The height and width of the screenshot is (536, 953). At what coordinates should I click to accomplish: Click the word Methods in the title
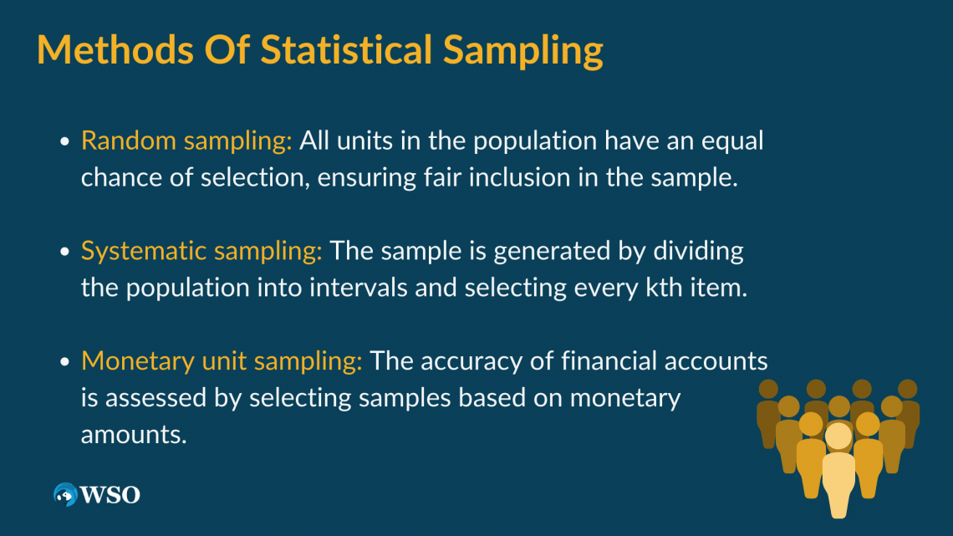(x=115, y=49)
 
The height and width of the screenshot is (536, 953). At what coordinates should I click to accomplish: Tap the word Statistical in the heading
(x=346, y=49)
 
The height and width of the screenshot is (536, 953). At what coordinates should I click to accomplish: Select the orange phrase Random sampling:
(x=186, y=141)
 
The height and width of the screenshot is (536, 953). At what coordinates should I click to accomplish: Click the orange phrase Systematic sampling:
(x=201, y=251)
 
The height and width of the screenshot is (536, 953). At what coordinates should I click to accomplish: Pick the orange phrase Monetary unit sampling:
(x=222, y=361)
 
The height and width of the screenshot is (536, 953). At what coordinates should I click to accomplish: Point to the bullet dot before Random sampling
(x=65, y=142)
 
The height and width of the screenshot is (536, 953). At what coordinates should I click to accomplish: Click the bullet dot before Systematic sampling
(x=65, y=253)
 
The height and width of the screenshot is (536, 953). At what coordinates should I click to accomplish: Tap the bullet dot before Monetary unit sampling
(x=65, y=362)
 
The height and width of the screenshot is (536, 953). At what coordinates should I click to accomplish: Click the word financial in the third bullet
(x=609, y=360)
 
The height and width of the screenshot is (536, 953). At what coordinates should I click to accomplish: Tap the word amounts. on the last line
(x=134, y=435)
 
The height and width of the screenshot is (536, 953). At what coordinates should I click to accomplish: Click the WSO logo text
(x=110, y=495)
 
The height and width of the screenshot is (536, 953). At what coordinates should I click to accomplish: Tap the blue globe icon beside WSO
(x=65, y=495)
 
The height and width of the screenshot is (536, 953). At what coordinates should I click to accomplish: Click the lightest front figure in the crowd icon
(x=838, y=470)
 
